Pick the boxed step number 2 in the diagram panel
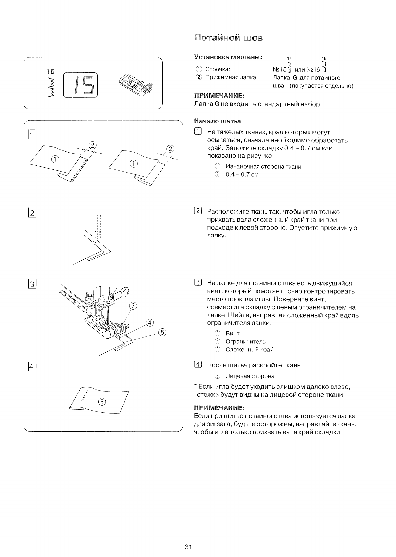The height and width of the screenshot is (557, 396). click(32, 213)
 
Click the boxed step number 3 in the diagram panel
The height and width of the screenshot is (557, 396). click(32, 284)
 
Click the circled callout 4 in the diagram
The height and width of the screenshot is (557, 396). click(149, 323)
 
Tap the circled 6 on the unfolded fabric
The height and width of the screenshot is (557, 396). click(102, 402)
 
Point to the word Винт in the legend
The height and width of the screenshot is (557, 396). click(232, 333)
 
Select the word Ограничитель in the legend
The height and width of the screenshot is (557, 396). click(246, 342)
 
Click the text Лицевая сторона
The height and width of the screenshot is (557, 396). click(250, 376)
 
